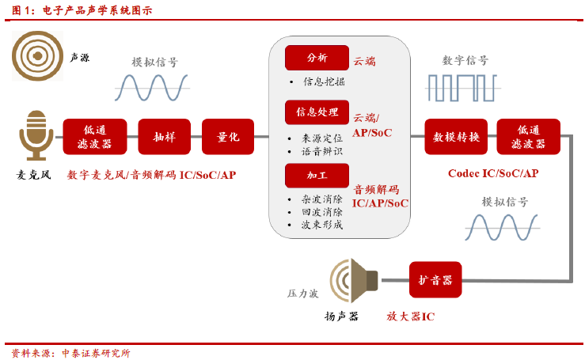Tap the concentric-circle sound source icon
[x=37, y=55]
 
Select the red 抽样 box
[x=164, y=137]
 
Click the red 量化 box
[x=228, y=137]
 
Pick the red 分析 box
[x=317, y=58]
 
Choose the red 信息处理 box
[x=317, y=112]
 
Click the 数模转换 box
[x=456, y=137]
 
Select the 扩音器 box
[x=435, y=280]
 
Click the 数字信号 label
[x=465, y=60]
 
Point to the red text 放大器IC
[x=410, y=316]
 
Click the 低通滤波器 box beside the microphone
[x=96, y=137]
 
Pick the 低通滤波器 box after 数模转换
[x=528, y=137]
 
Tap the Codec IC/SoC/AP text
[x=492, y=173]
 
